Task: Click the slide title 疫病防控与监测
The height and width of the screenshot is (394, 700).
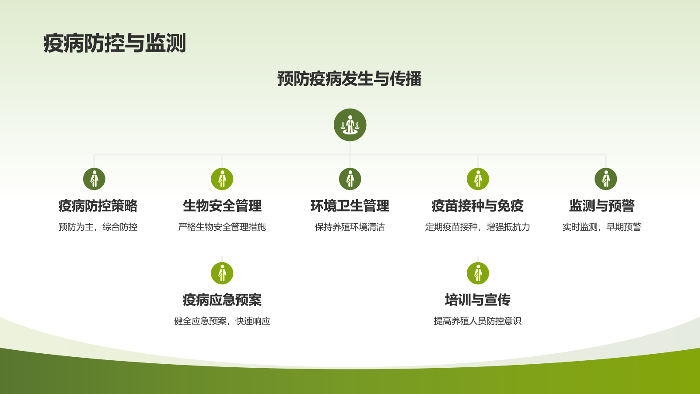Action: point(115,43)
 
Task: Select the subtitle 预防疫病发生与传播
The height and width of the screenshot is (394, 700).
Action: point(349,79)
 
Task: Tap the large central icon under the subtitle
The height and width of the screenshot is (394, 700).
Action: point(350,125)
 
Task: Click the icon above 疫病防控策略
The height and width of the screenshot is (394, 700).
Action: point(94,179)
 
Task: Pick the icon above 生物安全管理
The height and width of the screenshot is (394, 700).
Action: point(222,179)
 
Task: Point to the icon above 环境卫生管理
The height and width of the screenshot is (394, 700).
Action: point(350,179)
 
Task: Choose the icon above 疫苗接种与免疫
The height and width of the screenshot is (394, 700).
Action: point(478,179)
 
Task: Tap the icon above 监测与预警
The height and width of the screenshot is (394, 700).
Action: point(606,179)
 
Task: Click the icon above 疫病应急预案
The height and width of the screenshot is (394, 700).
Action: point(222,274)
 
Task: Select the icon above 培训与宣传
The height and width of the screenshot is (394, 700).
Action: point(478,274)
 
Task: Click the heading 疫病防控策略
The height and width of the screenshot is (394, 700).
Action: point(98,206)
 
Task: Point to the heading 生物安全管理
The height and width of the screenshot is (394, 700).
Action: point(222,206)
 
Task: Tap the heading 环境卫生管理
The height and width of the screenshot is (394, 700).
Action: point(350,206)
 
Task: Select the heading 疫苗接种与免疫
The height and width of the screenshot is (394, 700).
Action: point(478,206)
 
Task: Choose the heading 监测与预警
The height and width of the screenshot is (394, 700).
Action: point(602,206)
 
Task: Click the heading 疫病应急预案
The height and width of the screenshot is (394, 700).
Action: point(222,300)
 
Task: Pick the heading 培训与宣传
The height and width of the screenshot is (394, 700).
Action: point(478,300)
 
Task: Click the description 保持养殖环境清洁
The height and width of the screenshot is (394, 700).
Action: point(350,227)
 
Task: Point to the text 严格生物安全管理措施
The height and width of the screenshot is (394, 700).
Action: point(222,227)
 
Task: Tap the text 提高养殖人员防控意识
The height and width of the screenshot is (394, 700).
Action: point(478,321)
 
